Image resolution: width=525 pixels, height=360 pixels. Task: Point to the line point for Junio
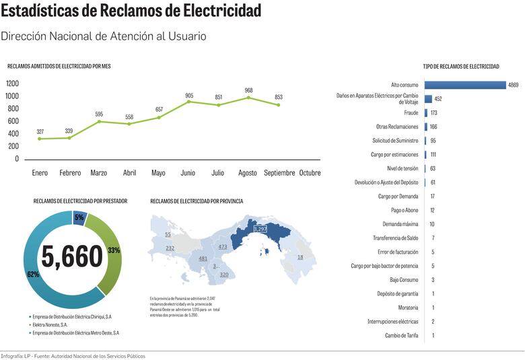click(189, 102)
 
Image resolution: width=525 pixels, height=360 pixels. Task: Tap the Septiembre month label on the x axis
click(279, 173)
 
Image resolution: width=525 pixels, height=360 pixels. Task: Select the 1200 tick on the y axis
click(12, 83)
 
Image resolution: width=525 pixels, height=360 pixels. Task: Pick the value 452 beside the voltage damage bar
click(438, 99)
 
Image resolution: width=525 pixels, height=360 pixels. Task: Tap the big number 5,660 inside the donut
click(73, 256)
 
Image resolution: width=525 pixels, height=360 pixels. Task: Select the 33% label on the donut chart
click(114, 250)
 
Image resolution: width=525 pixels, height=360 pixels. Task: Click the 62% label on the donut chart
click(33, 275)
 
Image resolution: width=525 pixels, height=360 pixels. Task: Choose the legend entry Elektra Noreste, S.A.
click(53, 324)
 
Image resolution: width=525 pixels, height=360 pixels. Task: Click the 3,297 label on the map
click(260, 229)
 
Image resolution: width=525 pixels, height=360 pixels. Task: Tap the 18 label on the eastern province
click(300, 257)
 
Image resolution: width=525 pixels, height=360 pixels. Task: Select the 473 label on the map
click(222, 247)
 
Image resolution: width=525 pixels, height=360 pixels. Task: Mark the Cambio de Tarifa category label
click(401, 335)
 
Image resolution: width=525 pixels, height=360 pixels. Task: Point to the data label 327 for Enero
click(40, 131)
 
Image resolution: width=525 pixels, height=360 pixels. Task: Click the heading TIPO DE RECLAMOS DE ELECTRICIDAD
click(461, 67)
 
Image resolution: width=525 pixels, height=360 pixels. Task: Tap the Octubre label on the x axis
click(310, 173)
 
